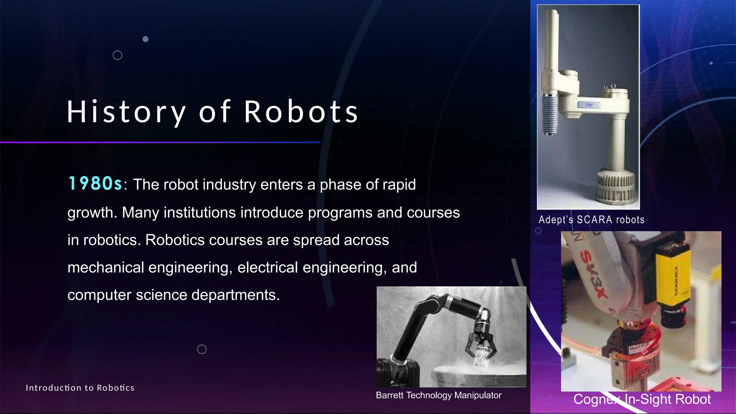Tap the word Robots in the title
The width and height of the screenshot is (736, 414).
[301, 112]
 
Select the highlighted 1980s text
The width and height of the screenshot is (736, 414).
[95, 184]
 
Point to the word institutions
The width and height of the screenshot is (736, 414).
[199, 212]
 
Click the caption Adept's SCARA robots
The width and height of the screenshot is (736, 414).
[591, 220]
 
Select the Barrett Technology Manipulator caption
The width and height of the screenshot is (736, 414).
[438, 395]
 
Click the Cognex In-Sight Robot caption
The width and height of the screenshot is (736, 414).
[642, 399]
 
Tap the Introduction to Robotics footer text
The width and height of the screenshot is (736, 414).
[80, 388]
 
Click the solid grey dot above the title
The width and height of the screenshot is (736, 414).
[146, 39]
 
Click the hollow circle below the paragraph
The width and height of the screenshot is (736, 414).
[202, 349]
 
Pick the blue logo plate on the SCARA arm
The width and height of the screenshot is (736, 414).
[588, 105]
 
